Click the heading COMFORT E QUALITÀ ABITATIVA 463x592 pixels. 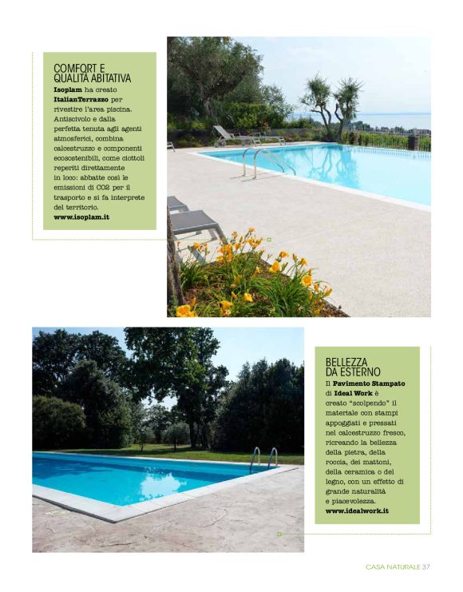[x=92, y=74]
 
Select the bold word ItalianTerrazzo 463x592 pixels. [x=82, y=99]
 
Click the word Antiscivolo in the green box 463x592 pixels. [x=77, y=119]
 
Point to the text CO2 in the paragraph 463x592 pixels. [x=101, y=187]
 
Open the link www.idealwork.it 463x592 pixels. [x=357, y=510]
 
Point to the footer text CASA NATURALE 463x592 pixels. [x=393, y=567]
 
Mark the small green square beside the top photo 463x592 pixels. [x=270, y=239]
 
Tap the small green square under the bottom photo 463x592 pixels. [x=279, y=533]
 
